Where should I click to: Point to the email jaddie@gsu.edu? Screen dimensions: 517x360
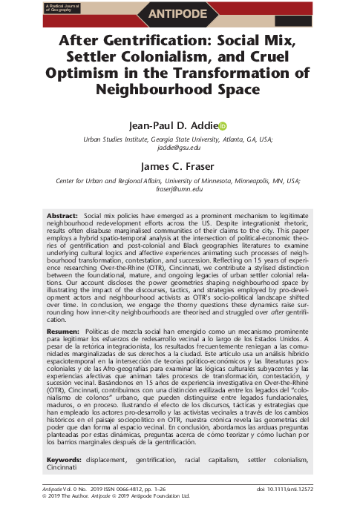tap(179, 148)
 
